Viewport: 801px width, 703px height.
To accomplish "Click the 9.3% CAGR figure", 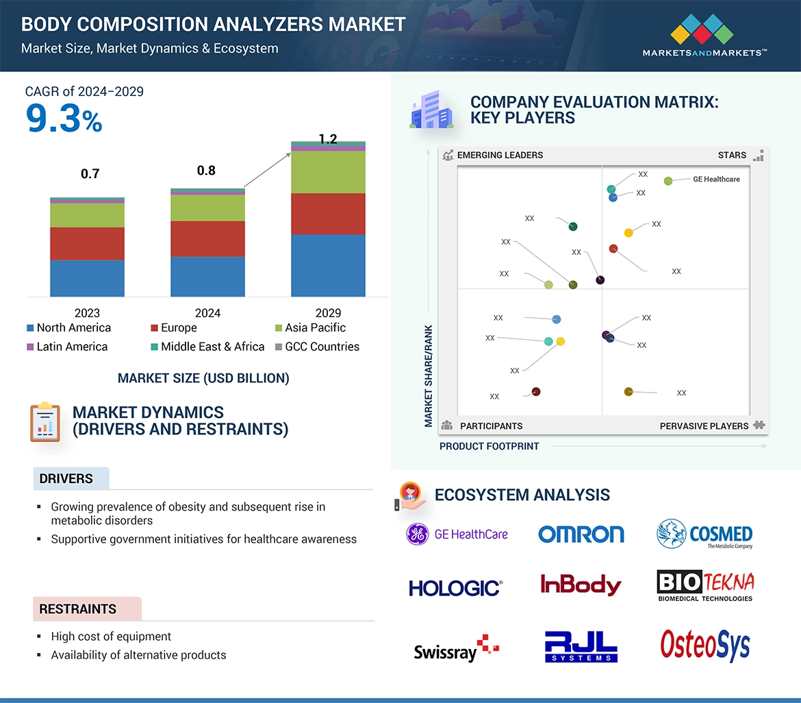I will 64,119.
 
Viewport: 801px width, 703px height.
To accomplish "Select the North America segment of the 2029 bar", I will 328,265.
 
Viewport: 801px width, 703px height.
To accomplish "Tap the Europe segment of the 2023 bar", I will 87,243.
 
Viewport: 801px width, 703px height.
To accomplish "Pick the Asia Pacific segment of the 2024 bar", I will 207,208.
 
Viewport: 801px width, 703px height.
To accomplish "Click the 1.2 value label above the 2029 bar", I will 328,139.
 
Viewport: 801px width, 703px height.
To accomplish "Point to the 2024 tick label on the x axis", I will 207,313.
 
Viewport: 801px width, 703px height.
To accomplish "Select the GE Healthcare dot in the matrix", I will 668,181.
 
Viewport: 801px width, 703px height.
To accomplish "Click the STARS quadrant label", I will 732,155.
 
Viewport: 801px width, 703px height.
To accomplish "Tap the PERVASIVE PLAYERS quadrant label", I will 704,426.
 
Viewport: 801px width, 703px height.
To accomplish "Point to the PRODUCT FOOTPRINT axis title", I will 489,446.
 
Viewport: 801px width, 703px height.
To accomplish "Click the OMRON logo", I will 581,534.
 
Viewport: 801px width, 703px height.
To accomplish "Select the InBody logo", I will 581,584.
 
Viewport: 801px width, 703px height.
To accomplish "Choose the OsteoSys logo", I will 704,645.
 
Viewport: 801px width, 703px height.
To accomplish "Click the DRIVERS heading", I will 66,479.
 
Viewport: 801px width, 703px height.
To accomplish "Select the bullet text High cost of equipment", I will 111,637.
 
